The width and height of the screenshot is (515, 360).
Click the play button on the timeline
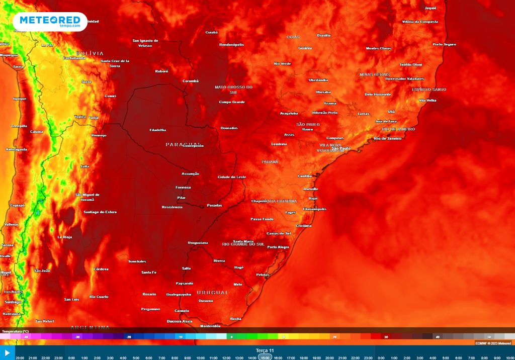[x=7, y=353]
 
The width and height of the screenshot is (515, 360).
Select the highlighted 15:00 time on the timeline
[x=265, y=357]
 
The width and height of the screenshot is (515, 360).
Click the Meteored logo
[x=49, y=21]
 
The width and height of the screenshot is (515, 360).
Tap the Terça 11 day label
[x=265, y=350]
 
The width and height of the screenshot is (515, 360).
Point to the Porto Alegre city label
[x=278, y=247]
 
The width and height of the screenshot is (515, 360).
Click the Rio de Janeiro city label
[x=387, y=138]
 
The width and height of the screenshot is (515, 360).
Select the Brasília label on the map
[x=323, y=35]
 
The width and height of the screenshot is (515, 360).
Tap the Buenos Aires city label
[x=179, y=321]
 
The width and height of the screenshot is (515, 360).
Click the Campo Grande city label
[x=231, y=102]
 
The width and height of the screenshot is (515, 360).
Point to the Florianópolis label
[x=314, y=209]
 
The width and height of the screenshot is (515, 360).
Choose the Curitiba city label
[x=305, y=176]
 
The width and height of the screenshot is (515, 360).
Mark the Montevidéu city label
[x=210, y=326]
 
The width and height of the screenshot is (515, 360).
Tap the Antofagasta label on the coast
[x=16, y=149]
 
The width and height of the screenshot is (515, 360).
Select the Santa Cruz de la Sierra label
[x=115, y=63]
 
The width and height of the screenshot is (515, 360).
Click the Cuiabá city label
[x=211, y=32]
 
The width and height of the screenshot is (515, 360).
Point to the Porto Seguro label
[x=444, y=44]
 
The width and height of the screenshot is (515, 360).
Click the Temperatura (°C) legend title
[x=15, y=332]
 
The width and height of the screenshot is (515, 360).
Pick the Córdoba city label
[x=101, y=269]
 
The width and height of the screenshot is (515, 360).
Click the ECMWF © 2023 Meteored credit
[x=494, y=343]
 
